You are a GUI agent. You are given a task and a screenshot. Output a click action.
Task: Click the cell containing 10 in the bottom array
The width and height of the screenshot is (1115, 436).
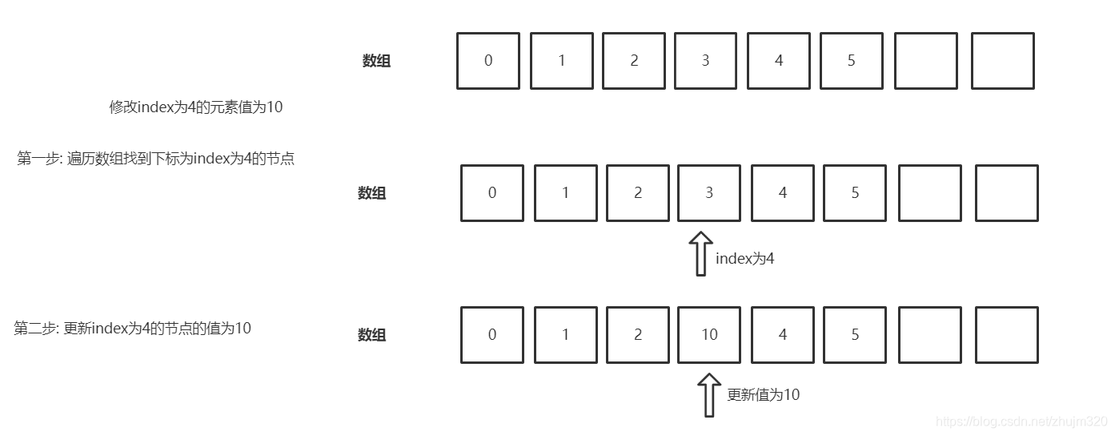(x=709, y=335)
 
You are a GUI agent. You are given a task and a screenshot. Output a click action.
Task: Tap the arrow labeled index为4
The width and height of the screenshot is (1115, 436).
(x=701, y=254)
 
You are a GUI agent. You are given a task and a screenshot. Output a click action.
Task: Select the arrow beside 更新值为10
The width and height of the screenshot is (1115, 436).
(x=708, y=395)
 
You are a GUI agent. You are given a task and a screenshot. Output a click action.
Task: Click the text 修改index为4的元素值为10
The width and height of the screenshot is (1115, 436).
(x=196, y=107)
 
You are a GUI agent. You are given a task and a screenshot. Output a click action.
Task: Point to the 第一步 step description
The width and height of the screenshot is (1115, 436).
(x=156, y=159)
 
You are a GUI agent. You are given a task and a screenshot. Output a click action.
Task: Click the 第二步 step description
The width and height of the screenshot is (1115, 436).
(x=133, y=328)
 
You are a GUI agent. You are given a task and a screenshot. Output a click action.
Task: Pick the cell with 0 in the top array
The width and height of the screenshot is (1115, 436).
(x=488, y=61)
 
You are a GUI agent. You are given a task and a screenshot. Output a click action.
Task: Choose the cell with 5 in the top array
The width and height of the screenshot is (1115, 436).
(x=852, y=61)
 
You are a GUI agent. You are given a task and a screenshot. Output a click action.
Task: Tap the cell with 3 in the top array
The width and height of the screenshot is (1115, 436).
(x=705, y=61)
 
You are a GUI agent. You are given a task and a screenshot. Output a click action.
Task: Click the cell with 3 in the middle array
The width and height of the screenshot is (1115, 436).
(x=709, y=193)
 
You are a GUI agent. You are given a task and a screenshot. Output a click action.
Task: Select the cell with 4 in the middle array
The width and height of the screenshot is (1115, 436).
(x=782, y=193)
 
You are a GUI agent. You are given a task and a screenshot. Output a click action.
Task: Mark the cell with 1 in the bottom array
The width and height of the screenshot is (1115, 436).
(x=565, y=335)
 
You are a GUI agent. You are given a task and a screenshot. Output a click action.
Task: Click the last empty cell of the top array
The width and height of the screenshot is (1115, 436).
(x=1002, y=61)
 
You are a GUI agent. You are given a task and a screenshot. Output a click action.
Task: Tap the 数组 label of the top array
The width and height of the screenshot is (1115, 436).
(x=376, y=61)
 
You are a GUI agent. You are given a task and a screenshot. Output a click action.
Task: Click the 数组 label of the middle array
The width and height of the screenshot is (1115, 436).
(x=372, y=193)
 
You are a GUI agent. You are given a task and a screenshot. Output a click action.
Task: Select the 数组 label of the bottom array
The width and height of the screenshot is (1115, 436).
(x=372, y=335)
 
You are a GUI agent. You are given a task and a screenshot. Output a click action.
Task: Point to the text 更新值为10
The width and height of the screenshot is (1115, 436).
(x=763, y=394)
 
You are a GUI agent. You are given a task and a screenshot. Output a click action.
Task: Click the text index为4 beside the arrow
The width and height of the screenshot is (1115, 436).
(x=745, y=258)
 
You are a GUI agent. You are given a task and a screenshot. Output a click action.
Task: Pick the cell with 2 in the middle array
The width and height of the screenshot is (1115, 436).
(x=637, y=193)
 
